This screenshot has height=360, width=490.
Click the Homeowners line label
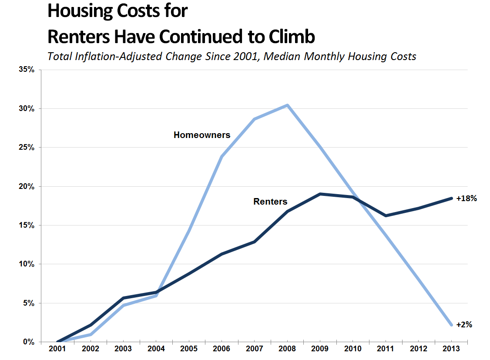pyautogui.click(x=202, y=135)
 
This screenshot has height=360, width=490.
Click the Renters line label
pyautogui.click(x=270, y=202)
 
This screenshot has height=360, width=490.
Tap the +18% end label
pyautogui.click(x=467, y=199)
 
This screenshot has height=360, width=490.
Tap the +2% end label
pyautogui.click(x=464, y=324)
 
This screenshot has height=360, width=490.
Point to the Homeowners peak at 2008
pyautogui.click(x=287, y=105)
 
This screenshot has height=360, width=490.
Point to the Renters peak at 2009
pyautogui.click(x=320, y=194)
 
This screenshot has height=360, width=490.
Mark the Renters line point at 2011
pyautogui.click(x=386, y=215)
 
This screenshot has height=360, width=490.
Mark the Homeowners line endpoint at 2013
pyautogui.click(x=451, y=325)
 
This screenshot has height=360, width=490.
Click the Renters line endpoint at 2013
pyautogui.click(x=451, y=198)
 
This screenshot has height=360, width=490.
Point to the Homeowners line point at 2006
pyautogui.click(x=222, y=157)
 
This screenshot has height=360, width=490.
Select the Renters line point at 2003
pyautogui.click(x=123, y=298)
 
